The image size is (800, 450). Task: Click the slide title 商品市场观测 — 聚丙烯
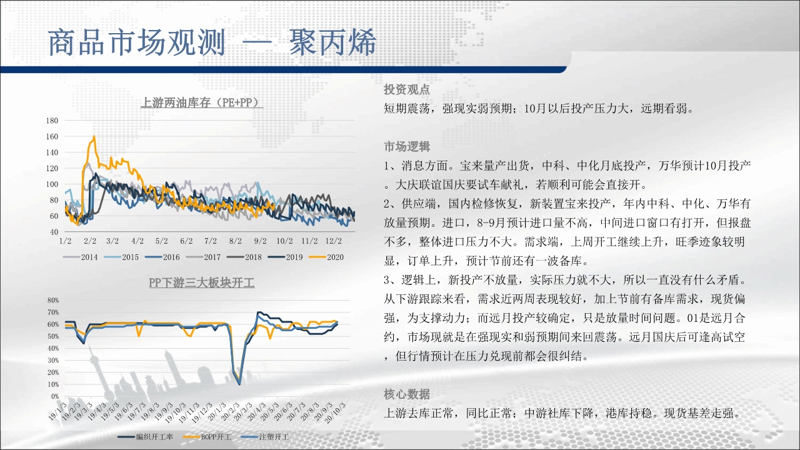[212, 42]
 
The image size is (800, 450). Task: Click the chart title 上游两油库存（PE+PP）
[202, 102]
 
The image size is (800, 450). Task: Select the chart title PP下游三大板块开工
[202, 283]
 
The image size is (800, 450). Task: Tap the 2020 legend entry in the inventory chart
[326, 257]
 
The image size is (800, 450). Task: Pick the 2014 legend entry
[81, 257]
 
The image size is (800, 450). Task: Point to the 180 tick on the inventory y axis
[52, 121]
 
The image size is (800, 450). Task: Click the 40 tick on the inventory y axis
[54, 232]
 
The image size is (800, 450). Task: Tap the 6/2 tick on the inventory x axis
[186, 241]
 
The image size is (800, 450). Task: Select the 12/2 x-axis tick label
[333, 241]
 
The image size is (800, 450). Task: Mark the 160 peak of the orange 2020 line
[94, 136]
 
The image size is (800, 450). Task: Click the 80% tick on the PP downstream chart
[53, 301]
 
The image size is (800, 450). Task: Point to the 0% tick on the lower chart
[55, 396]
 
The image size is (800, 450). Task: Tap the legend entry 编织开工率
[146, 437]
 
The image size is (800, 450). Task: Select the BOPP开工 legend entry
[207, 437]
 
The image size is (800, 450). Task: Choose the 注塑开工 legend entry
[265, 437]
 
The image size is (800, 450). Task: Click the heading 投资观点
[407, 89]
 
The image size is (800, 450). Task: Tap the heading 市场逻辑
[407, 146]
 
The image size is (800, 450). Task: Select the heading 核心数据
[407, 394]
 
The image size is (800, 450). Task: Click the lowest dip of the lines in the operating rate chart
[239, 384]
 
